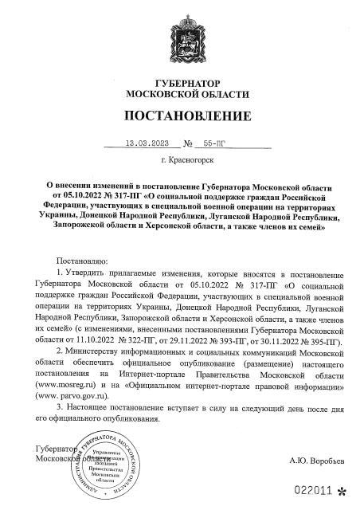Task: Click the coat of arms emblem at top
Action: tap(179, 39)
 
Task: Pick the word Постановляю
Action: tap(83, 261)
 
